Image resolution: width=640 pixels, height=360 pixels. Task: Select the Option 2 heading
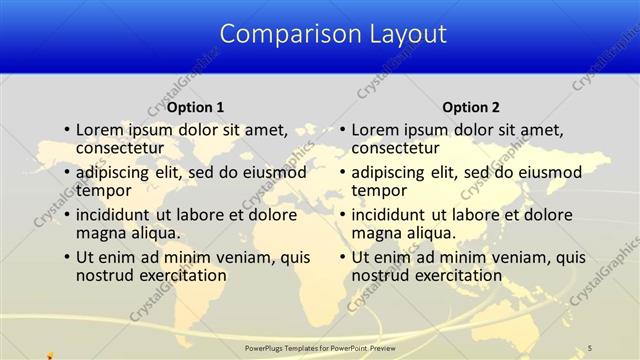pyautogui.click(x=470, y=107)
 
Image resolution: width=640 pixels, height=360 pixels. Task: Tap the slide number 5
pyautogui.click(x=591, y=346)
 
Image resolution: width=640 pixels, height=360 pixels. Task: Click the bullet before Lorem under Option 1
pyautogui.click(x=66, y=130)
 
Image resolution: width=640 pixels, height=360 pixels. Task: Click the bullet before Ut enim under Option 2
pyautogui.click(x=342, y=257)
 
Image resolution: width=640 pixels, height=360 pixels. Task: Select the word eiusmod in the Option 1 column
pyautogui.click(x=270, y=172)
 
